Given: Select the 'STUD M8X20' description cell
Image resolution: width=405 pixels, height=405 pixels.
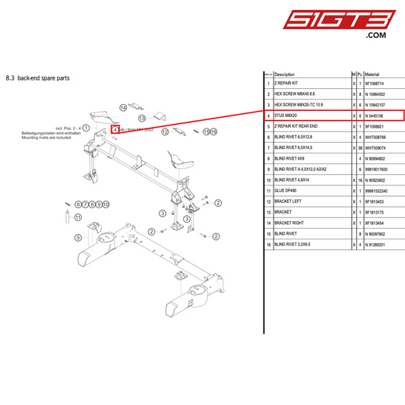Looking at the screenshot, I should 287,115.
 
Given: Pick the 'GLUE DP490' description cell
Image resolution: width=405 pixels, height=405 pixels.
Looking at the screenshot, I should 287,191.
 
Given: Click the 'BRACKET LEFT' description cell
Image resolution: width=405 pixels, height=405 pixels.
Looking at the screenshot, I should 290,201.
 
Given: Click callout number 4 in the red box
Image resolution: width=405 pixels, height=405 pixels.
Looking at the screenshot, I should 114,129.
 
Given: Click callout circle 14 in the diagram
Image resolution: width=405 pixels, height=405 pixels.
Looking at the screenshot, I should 122,109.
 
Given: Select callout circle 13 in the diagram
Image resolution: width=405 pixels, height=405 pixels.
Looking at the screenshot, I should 142,119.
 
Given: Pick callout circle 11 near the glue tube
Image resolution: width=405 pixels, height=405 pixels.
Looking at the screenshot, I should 76,204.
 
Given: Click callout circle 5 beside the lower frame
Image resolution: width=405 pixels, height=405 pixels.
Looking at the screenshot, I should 77,237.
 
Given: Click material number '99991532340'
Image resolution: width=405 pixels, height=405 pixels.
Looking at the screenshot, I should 380,191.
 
